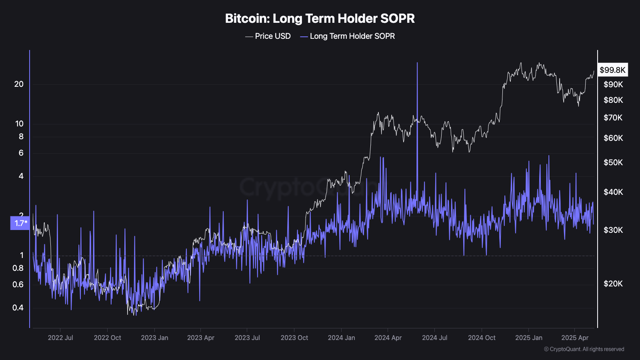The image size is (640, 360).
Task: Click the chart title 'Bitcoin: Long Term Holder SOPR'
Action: tap(320, 18)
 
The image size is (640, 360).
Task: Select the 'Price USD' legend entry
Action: tap(268, 36)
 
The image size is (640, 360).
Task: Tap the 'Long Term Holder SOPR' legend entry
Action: tap(348, 36)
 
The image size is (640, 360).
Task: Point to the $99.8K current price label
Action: tap(612, 70)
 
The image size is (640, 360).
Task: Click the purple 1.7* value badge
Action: tap(20, 223)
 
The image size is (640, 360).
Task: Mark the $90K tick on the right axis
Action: tap(613, 84)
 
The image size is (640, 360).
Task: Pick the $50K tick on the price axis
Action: tap(613, 162)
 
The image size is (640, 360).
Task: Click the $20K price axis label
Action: tap(613, 284)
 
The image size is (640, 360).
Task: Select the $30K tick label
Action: tap(613, 230)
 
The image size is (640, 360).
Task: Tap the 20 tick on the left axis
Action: tap(19, 84)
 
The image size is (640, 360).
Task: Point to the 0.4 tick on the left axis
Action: tap(18, 308)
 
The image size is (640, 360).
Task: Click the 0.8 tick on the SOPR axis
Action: tap(18, 268)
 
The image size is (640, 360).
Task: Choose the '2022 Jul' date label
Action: tap(60, 338)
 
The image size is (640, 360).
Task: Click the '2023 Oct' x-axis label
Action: tap(294, 338)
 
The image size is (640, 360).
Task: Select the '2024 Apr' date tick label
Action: tap(388, 338)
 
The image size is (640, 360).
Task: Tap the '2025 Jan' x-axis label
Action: tap(529, 338)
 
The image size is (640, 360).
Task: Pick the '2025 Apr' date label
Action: tap(575, 338)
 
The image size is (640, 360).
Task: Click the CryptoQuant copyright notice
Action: tap(584, 349)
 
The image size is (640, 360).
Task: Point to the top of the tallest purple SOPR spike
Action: tap(417, 63)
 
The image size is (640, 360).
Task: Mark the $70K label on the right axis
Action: tap(613, 118)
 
